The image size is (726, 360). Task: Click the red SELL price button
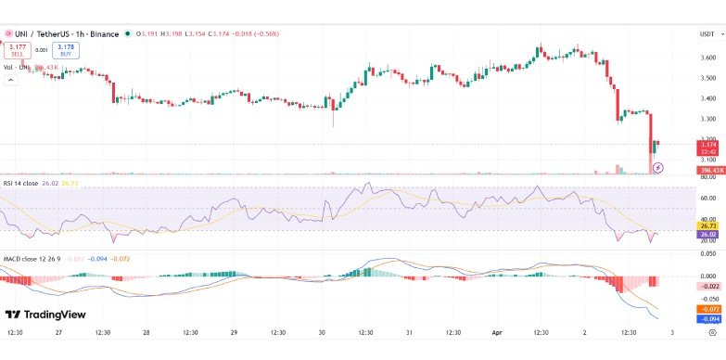(x=18, y=49)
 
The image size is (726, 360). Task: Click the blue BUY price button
(x=66, y=49)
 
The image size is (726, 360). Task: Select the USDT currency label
(x=707, y=34)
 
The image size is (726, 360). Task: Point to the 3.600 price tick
(x=708, y=58)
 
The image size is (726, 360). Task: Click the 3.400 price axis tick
(x=708, y=98)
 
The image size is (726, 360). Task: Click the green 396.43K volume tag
(x=707, y=170)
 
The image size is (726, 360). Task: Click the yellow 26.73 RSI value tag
(x=707, y=225)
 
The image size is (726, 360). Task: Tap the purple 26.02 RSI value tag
(x=707, y=234)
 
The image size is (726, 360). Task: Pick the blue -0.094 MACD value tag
(x=707, y=318)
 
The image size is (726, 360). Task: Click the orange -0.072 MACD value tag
(x=707, y=308)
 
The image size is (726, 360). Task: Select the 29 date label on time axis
(x=234, y=332)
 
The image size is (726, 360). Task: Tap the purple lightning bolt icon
(x=658, y=167)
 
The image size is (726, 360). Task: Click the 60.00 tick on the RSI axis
(x=708, y=198)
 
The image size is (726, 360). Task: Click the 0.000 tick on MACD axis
(x=708, y=276)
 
